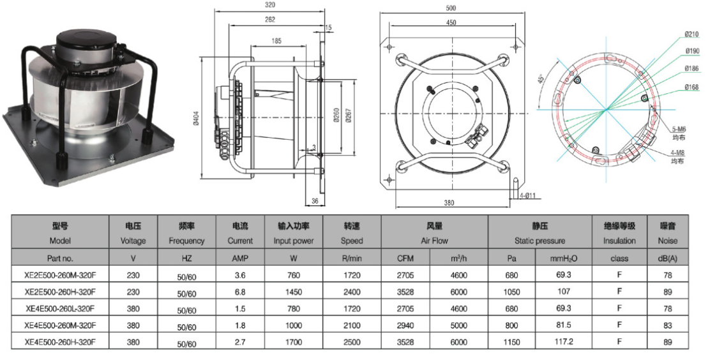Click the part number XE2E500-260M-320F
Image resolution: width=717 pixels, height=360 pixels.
[60, 275]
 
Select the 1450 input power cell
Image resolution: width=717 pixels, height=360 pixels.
[294, 292]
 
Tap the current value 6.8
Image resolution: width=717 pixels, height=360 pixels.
[239, 292]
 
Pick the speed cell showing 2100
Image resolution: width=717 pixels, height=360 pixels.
[352, 326]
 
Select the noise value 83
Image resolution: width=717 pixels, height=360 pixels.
[668, 326]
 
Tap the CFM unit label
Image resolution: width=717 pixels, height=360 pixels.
[405, 259]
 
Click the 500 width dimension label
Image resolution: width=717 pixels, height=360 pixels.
[451, 8]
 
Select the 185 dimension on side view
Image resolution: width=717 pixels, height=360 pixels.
[276, 41]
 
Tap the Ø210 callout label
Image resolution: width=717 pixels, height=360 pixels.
[692, 34]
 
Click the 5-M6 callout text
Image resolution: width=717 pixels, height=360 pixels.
[679, 130]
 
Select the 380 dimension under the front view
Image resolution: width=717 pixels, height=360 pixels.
[449, 202]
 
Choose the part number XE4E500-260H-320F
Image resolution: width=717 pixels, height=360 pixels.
[60, 341]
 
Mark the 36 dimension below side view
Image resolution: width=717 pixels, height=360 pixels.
[315, 201]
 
